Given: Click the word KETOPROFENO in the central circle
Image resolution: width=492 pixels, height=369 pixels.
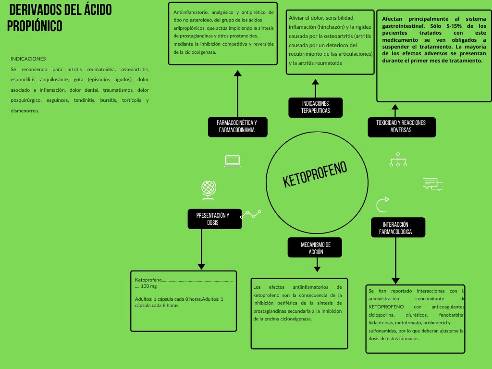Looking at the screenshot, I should click(x=315, y=174).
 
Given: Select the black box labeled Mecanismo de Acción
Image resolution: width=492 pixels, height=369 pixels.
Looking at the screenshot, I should click(x=315, y=248).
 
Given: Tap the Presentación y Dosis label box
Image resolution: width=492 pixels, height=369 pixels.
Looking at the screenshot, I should click(x=212, y=219).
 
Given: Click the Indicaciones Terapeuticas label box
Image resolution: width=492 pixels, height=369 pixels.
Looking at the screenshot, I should click(x=315, y=107).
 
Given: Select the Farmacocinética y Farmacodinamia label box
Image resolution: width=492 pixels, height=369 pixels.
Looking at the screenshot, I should click(x=237, y=126).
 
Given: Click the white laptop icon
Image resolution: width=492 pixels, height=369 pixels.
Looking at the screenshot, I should click(x=233, y=161).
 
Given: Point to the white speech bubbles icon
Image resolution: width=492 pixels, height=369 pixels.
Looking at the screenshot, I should click(x=432, y=184).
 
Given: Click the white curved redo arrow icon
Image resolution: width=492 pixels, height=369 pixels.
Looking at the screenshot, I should click(x=382, y=205).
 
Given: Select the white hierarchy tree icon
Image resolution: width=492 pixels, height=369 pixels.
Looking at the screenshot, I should click(x=398, y=160).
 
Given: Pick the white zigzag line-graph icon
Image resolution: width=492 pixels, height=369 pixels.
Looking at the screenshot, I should click(x=250, y=214).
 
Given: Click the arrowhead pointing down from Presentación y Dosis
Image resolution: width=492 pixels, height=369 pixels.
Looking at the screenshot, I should click(x=202, y=266).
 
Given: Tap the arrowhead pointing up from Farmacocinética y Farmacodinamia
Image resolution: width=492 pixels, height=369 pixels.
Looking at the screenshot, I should click(x=237, y=73).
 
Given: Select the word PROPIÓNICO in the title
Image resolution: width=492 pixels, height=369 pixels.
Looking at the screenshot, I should click(x=35, y=26).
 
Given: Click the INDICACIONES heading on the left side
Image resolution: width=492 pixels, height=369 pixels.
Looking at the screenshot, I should click(x=28, y=59).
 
